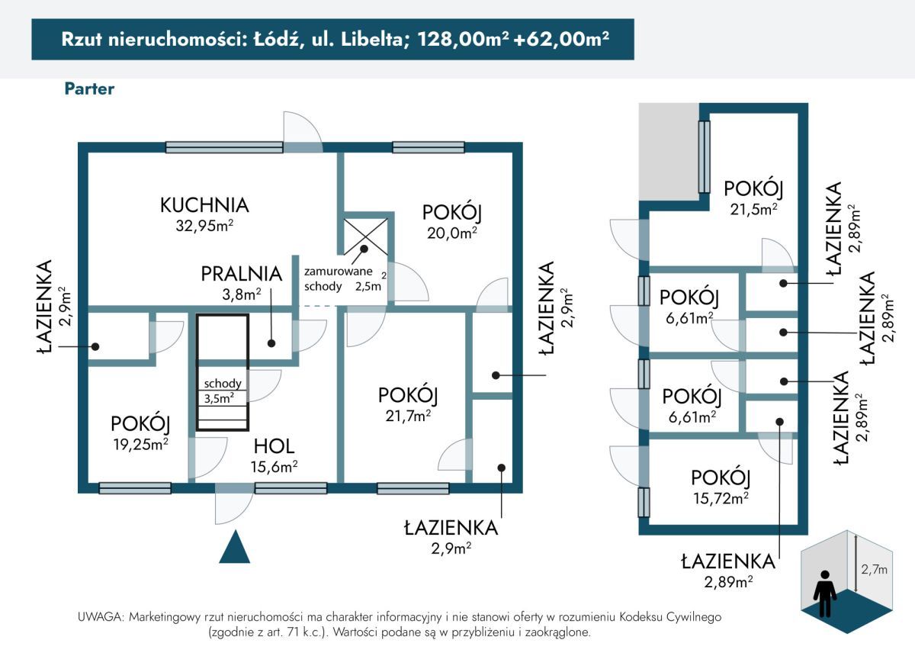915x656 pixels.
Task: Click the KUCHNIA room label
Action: click(204, 205)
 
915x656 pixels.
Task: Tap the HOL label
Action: click(274, 446)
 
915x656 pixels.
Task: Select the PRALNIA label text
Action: click(242, 274)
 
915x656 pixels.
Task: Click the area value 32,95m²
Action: click(204, 225)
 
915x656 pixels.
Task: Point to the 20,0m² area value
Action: click(451, 233)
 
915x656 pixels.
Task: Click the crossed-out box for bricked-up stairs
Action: click(365, 237)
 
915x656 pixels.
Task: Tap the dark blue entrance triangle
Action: click(235, 547)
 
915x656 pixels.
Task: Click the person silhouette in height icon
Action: click(825, 593)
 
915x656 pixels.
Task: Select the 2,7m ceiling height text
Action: click(874, 569)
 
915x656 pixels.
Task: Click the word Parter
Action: click(89, 88)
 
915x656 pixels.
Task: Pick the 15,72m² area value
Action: click(721, 498)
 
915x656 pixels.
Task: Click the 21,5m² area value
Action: click(753, 209)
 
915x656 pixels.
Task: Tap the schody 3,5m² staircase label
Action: click(223, 391)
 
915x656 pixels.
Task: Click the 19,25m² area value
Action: click(141, 444)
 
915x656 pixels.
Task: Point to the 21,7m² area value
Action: click(408, 416)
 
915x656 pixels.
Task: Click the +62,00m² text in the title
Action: click(561, 39)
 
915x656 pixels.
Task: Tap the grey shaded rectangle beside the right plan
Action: click(669, 151)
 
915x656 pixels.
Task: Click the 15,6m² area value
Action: click(274, 466)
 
